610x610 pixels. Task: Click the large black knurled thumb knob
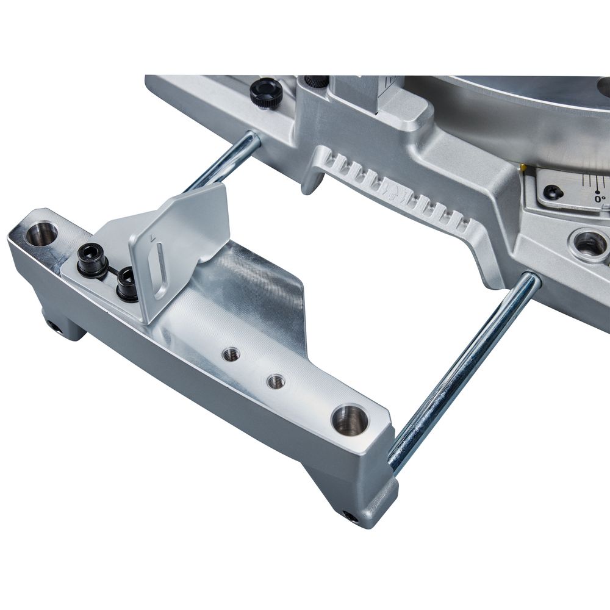[267, 93]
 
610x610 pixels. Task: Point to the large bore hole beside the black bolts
[41, 234]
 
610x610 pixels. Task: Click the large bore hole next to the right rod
[350, 420]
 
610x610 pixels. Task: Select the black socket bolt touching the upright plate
[128, 282]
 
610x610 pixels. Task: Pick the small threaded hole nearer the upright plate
[231, 354]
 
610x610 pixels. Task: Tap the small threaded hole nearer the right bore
[276, 382]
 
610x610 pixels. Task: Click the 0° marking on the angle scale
[601, 198]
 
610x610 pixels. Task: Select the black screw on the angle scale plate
[553, 192]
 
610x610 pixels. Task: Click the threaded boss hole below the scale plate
[590, 243]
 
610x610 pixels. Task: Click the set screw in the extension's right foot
[350, 516]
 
